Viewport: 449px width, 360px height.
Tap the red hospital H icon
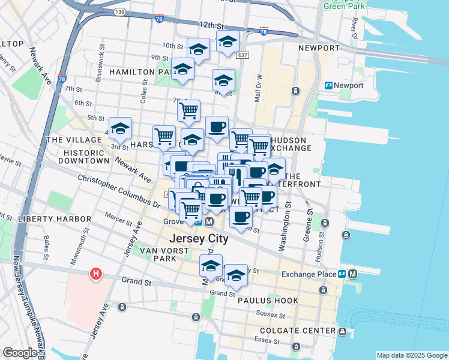(95, 275)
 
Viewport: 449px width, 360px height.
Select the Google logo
(20, 353)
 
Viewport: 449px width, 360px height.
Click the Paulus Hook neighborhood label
(267, 300)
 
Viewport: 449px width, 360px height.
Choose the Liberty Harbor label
(49, 219)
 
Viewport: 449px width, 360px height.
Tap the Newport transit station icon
(329, 85)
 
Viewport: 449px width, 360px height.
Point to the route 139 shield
(120, 12)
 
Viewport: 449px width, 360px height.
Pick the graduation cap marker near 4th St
(120, 128)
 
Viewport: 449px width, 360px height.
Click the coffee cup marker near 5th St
(217, 127)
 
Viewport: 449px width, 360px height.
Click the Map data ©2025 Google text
(411, 355)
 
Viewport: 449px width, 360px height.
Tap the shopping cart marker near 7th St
(188, 110)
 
